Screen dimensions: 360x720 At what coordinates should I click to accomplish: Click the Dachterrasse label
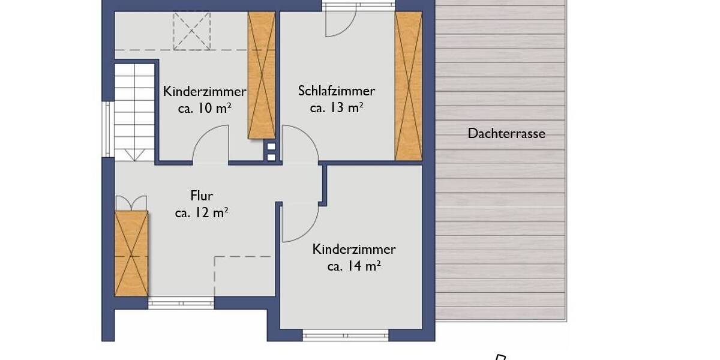tap(506, 133)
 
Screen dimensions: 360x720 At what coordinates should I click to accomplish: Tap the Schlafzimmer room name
tap(337, 91)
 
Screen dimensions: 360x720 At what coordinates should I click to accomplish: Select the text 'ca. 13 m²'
tap(337, 108)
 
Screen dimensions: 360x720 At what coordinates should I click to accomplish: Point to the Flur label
tap(202, 196)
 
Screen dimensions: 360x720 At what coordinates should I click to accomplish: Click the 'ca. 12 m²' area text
tap(202, 212)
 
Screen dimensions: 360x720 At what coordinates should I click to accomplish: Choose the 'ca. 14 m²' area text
tap(354, 266)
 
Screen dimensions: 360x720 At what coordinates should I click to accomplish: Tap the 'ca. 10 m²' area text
tap(205, 109)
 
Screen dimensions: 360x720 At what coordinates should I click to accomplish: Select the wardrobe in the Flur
tap(131, 253)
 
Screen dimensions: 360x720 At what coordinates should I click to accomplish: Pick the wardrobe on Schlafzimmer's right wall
tap(409, 85)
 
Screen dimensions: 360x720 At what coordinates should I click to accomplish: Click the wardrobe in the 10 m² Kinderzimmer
tap(262, 75)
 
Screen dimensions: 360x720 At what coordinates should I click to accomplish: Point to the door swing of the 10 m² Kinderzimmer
tap(211, 144)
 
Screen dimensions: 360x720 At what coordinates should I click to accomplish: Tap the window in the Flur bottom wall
tap(181, 303)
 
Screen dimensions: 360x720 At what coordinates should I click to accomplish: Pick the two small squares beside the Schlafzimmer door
tap(271, 152)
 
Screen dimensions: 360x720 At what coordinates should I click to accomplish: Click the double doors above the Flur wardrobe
tap(131, 202)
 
